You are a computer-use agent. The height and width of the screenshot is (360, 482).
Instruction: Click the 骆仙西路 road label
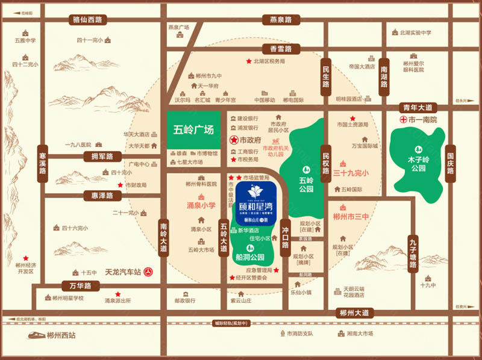point(87,19)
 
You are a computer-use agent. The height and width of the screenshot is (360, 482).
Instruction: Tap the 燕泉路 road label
point(281,20)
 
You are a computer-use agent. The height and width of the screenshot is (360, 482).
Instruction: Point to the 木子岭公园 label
point(416,164)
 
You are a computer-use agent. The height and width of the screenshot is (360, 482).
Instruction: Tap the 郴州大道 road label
point(354,312)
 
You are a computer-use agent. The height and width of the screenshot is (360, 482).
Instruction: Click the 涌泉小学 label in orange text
point(200,205)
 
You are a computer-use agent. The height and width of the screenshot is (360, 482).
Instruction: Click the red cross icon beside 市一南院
point(404,120)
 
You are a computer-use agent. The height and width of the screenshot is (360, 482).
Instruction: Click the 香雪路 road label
point(281,48)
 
